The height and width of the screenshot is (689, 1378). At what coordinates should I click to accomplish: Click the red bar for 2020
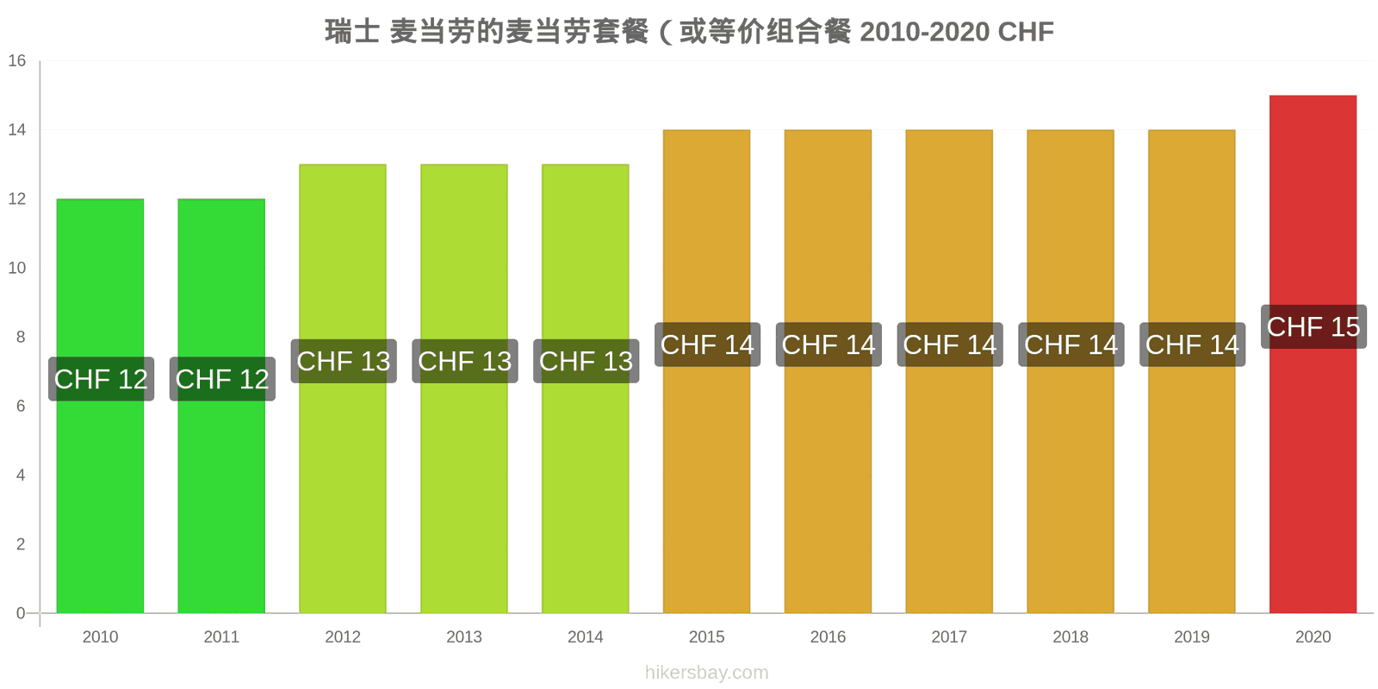point(1313,354)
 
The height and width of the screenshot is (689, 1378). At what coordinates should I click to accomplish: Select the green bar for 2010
point(100,406)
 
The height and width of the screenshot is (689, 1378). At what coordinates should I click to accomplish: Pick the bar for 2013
point(464,388)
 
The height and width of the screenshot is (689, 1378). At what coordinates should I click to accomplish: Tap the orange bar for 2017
point(949,371)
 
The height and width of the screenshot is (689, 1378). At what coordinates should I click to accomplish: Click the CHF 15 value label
point(1313,326)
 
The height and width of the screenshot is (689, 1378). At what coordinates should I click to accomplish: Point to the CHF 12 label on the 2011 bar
point(222,379)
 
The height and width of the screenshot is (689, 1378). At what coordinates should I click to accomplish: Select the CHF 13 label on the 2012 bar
point(344,361)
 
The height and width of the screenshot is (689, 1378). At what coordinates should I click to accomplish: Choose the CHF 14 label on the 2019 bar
point(1192,344)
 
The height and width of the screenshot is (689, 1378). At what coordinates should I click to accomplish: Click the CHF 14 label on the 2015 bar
point(707,344)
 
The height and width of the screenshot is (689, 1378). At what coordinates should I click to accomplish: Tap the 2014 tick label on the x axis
point(585,636)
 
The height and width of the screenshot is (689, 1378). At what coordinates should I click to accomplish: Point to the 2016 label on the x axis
point(828,636)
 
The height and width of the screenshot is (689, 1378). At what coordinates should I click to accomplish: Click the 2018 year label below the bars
point(1071,636)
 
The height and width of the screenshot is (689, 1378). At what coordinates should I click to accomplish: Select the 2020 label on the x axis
point(1313,636)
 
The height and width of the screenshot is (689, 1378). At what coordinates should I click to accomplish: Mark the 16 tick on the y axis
point(17,61)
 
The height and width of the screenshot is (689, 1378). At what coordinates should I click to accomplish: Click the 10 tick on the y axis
point(17,268)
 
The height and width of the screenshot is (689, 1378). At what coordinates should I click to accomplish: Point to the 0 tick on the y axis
point(21,613)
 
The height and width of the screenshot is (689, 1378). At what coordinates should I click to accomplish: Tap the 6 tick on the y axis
point(21,406)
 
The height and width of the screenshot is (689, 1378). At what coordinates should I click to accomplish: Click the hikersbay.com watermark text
point(707,673)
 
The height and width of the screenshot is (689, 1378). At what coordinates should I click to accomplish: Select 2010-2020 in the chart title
point(925,32)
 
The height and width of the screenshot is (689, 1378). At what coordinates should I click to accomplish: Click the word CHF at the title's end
point(1026,32)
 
